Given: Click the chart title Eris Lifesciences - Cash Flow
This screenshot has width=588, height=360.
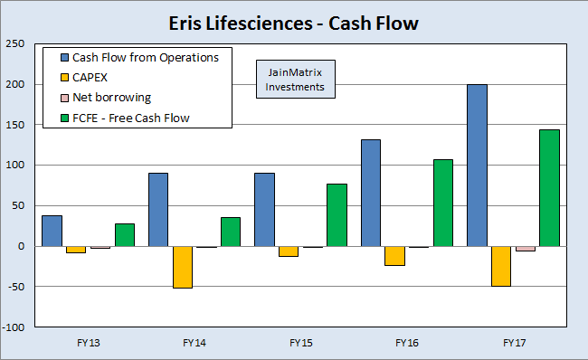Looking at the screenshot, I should [294, 23].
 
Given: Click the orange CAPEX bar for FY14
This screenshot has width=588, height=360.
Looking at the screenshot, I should [182, 267].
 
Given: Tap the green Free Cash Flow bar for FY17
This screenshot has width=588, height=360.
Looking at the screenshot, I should [549, 187].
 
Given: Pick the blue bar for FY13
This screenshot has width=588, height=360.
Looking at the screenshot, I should [52, 231].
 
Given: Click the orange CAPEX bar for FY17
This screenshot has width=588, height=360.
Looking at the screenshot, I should [500, 266].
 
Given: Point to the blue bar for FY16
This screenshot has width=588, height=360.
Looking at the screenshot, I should [371, 193].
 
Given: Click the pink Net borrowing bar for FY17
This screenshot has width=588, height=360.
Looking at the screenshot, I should [525, 249].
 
